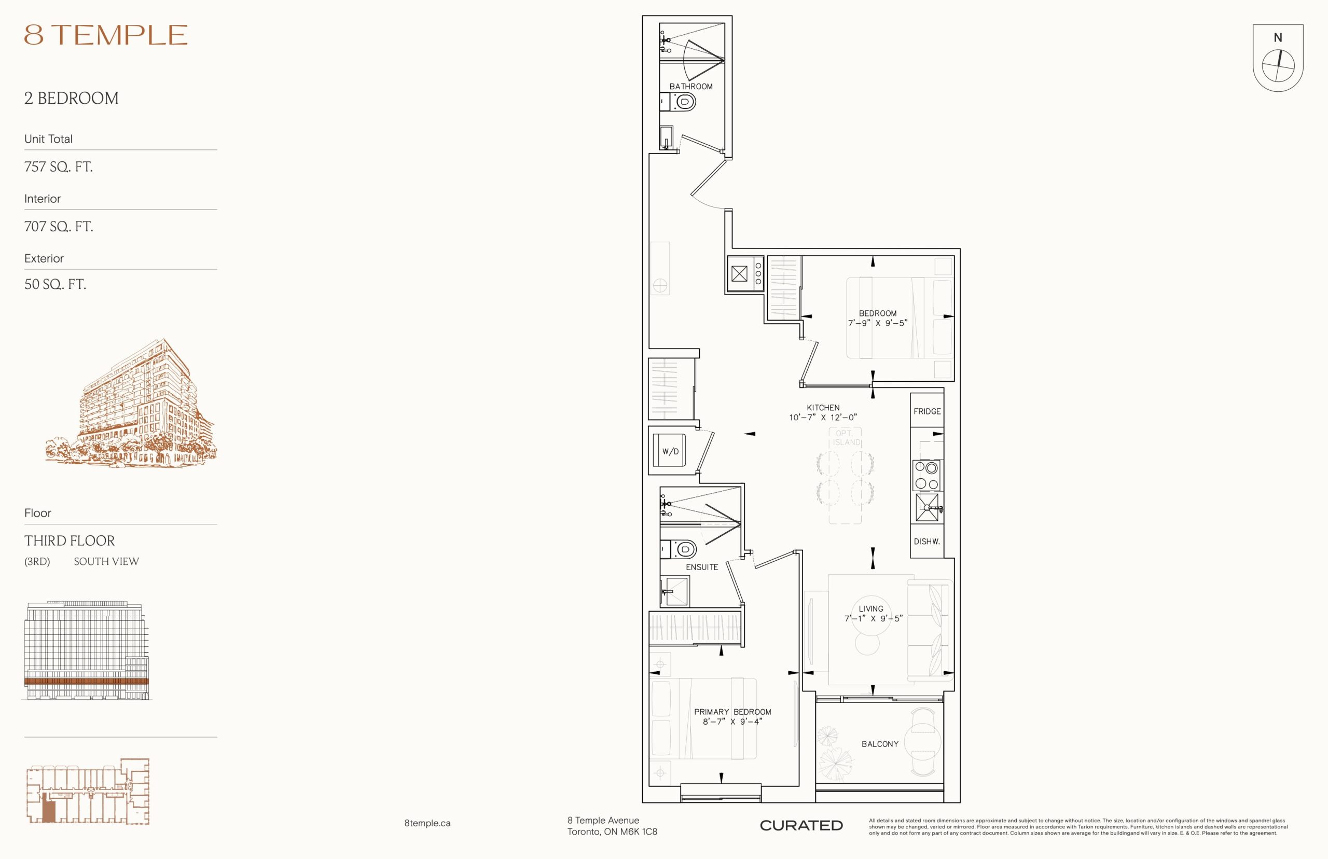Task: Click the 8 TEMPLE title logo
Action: coord(105,35)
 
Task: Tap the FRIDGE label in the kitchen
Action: coord(927,411)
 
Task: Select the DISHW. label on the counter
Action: coord(926,541)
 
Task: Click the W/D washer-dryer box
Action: coord(670,451)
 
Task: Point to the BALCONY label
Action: coord(880,744)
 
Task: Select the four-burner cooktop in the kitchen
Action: coord(926,475)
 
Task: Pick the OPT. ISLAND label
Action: coord(847,438)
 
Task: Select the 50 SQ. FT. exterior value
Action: coord(55,284)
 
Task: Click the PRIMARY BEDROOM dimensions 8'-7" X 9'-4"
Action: coord(732,721)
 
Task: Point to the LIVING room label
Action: coord(871,608)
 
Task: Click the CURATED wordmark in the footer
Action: coord(801,825)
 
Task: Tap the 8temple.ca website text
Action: coord(427,823)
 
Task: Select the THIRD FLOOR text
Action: coord(69,541)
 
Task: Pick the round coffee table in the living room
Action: coord(867,644)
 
